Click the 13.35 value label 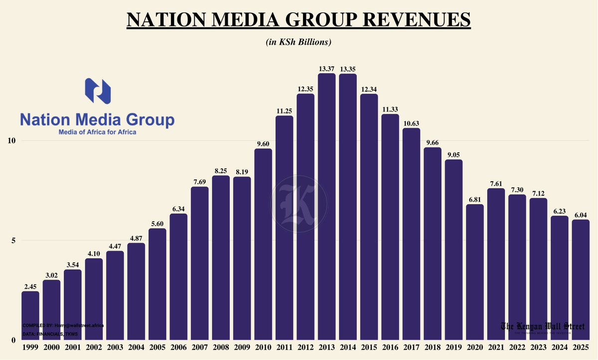(x=348, y=69)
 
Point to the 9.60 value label (x=263, y=144)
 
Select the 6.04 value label (x=581, y=215)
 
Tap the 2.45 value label (x=30, y=286)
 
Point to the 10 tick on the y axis (x=10, y=140)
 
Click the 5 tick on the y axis (x=13, y=240)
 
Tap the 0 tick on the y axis (x=13, y=341)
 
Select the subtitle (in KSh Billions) (x=299, y=42)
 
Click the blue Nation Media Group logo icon (x=98, y=91)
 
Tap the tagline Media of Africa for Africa (x=98, y=132)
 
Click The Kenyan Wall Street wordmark (x=543, y=326)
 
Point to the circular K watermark (x=299, y=204)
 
